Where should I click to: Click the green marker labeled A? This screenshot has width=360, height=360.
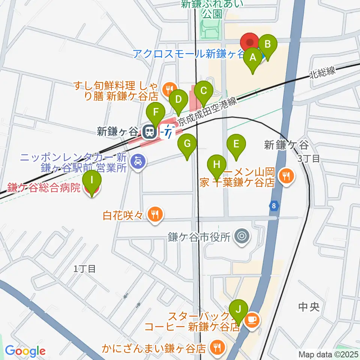click(x=253, y=58)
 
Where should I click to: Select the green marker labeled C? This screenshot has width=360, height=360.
click(x=204, y=91)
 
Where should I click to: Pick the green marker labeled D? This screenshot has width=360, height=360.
click(x=178, y=100)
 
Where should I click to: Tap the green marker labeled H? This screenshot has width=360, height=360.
click(x=217, y=165)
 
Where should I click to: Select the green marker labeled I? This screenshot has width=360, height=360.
click(x=92, y=180)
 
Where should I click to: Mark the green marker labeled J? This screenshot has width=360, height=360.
click(x=238, y=310)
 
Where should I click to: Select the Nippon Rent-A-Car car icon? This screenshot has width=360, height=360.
click(x=138, y=162)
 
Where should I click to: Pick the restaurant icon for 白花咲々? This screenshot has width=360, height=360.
click(x=154, y=214)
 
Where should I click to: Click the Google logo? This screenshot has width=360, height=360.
click(x=25, y=351)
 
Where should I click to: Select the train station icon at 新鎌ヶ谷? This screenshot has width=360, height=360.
click(x=149, y=132)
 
